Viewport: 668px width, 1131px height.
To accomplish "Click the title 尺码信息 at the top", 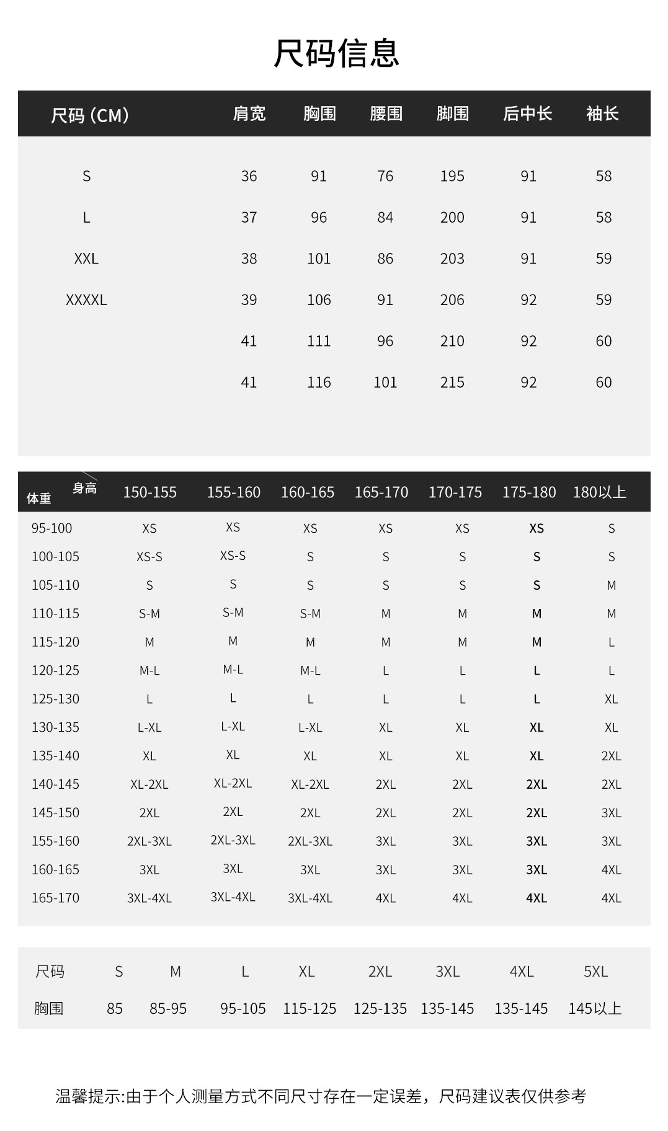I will (336, 53).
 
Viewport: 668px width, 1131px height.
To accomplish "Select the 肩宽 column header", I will (249, 113).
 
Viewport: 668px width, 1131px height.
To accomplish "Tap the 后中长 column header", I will (527, 113).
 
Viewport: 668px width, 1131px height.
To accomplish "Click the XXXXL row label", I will (86, 300).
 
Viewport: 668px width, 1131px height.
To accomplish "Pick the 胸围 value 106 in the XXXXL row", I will (319, 300).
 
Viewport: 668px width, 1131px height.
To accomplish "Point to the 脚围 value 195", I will (452, 176).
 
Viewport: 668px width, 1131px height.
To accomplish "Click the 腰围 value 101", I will (385, 383).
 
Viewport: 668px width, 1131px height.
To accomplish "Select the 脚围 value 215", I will (452, 383).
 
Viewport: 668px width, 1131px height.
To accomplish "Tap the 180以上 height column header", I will (599, 492).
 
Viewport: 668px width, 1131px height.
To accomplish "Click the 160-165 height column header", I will (307, 492).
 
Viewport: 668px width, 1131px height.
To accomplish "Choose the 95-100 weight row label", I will (51, 528).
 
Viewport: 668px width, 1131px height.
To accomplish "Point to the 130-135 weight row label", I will (55, 727).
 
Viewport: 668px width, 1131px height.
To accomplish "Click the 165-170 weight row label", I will (55, 898).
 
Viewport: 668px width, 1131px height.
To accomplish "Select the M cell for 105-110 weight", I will (612, 585).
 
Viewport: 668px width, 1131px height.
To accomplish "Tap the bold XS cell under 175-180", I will (537, 528).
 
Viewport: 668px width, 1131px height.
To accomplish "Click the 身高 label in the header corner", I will (84, 488).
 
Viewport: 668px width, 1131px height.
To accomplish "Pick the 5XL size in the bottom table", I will (595, 972).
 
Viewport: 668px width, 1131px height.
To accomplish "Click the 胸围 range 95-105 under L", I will (243, 1009).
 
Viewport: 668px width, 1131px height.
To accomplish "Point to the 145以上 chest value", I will (595, 1009).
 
